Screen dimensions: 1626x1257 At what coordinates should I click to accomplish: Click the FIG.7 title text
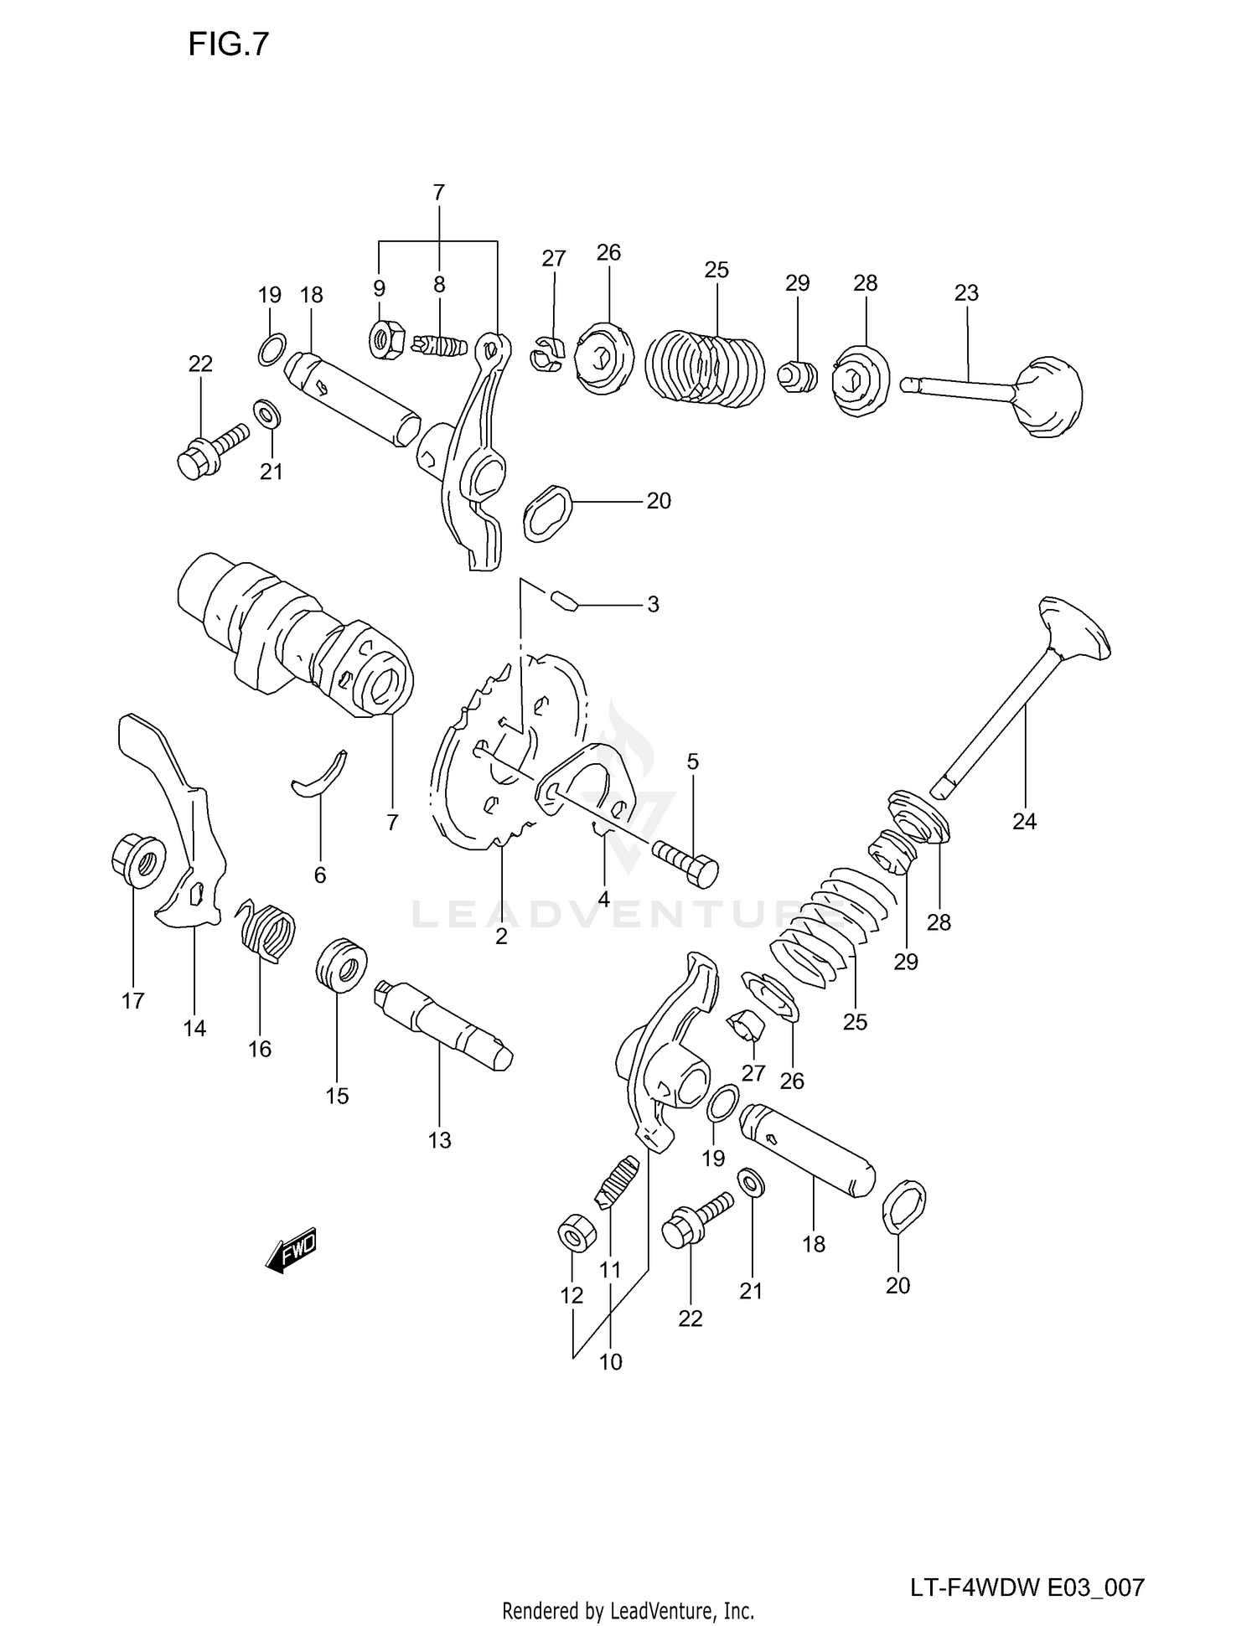[x=228, y=44]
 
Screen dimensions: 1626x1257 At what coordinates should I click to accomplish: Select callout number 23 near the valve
[x=966, y=293]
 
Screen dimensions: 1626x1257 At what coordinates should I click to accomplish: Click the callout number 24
[x=1024, y=822]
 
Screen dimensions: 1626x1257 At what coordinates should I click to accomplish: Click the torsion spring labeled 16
[x=265, y=930]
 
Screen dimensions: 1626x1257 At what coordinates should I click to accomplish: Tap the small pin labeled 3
[x=563, y=601]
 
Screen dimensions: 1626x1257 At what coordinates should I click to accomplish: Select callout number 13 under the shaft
[x=439, y=1140]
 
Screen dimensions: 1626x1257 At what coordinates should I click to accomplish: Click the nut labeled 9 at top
[x=385, y=340]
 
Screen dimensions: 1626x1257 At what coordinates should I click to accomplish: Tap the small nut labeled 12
[x=572, y=1235]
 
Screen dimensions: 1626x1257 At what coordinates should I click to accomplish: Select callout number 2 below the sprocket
[x=501, y=937]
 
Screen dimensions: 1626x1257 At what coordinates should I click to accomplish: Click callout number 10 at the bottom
[x=611, y=1362]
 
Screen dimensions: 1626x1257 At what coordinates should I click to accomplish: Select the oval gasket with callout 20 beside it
[x=546, y=512]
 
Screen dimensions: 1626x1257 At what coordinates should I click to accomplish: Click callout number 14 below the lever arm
[x=194, y=1028]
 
